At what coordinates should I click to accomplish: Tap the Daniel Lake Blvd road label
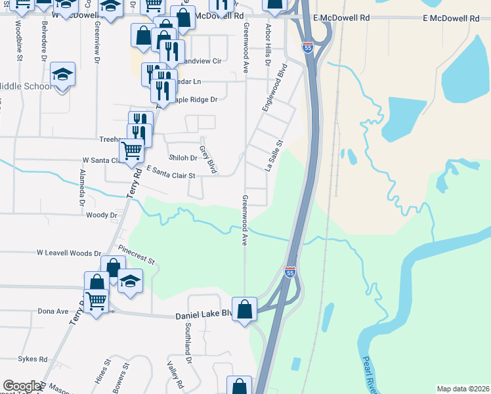tap(204, 315)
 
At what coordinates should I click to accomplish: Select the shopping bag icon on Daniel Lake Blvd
tap(245, 309)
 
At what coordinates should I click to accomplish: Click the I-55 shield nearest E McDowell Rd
tap(308, 47)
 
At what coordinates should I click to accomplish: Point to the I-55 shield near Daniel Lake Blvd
tap(290, 271)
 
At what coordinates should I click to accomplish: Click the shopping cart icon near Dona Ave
tap(96, 301)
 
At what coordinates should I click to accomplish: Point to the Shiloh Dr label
tap(182, 158)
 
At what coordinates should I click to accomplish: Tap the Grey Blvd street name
tap(208, 160)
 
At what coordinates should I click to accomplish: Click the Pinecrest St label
tap(137, 255)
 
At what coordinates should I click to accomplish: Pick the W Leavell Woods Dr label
tap(69, 253)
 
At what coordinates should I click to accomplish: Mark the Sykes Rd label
tap(33, 359)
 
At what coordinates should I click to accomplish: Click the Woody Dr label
tap(101, 215)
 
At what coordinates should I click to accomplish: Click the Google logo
tap(22, 386)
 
